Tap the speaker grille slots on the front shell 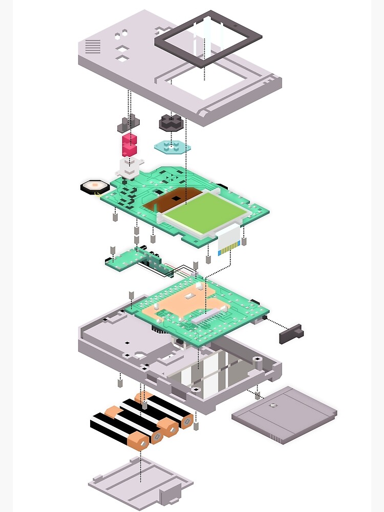pos(93,47)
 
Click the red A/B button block pos(129,144)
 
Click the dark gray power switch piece pos(291,333)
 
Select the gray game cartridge pos(285,414)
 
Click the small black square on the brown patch pos(176,198)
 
